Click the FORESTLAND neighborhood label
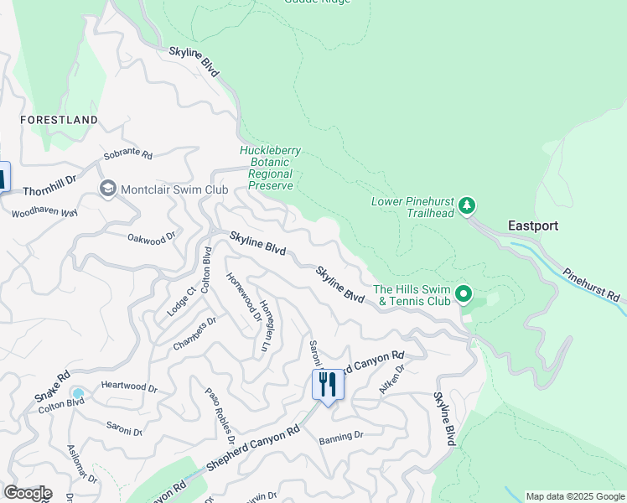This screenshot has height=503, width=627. pyautogui.click(x=59, y=120)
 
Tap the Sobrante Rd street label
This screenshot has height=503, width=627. pyautogui.click(x=127, y=155)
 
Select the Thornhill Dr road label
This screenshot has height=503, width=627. pyautogui.click(x=49, y=179)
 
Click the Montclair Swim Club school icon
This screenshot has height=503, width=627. pyautogui.click(x=107, y=189)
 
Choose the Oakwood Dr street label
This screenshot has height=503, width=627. pyautogui.click(x=151, y=237)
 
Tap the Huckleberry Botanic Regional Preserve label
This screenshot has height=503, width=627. pyautogui.click(x=270, y=168)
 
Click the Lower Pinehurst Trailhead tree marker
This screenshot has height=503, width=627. pyautogui.click(x=468, y=205)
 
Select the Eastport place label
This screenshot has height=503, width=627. pyautogui.click(x=532, y=226)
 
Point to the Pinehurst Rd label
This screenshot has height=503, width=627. pyautogui.click(x=591, y=285)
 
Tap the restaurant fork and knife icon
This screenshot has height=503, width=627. pyautogui.click(x=327, y=384)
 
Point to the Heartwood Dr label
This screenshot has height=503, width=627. pyautogui.click(x=128, y=388)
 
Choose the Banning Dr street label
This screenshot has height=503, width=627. pyautogui.click(x=340, y=436)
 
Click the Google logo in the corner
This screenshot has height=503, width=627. pyautogui.click(x=27, y=493)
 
